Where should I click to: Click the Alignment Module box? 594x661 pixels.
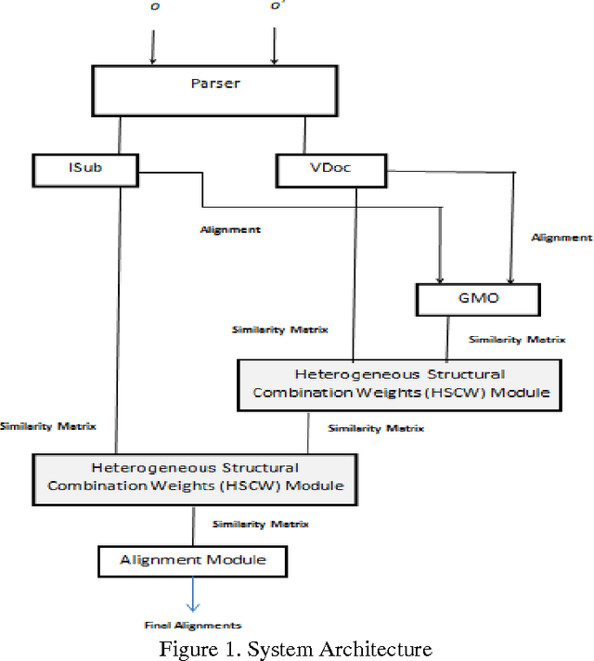tap(193, 560)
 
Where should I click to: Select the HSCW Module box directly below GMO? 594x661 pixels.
tap(400, 383)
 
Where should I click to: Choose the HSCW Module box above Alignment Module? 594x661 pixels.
tap(195, 476)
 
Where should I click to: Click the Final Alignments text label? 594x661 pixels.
tap(192, 625)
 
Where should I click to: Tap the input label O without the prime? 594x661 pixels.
tap(153, 7)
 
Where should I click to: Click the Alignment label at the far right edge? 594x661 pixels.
tap(562, 238)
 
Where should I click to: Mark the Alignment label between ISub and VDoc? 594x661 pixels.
tap(230, 227)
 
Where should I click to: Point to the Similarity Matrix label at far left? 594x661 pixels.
tap(45, 426)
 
